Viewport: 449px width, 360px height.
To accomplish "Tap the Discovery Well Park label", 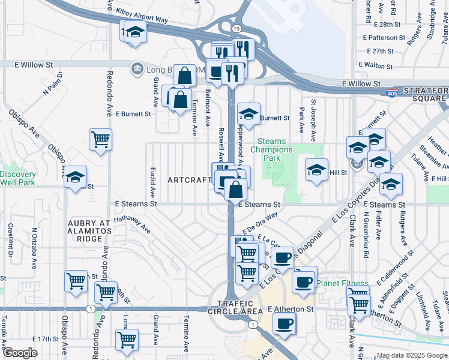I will (17, 178).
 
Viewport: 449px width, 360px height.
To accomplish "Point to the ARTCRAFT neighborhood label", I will (190, 180).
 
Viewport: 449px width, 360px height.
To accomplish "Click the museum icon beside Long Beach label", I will (137, 69).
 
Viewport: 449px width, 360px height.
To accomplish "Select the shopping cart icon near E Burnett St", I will (100, 139).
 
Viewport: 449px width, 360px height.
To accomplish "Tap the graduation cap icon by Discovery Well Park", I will (76, 177).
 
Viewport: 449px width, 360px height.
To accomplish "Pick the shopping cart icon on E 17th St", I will (127, 340).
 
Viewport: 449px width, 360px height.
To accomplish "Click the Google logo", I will (20, 353).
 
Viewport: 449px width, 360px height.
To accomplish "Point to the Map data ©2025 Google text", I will (412, 355).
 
